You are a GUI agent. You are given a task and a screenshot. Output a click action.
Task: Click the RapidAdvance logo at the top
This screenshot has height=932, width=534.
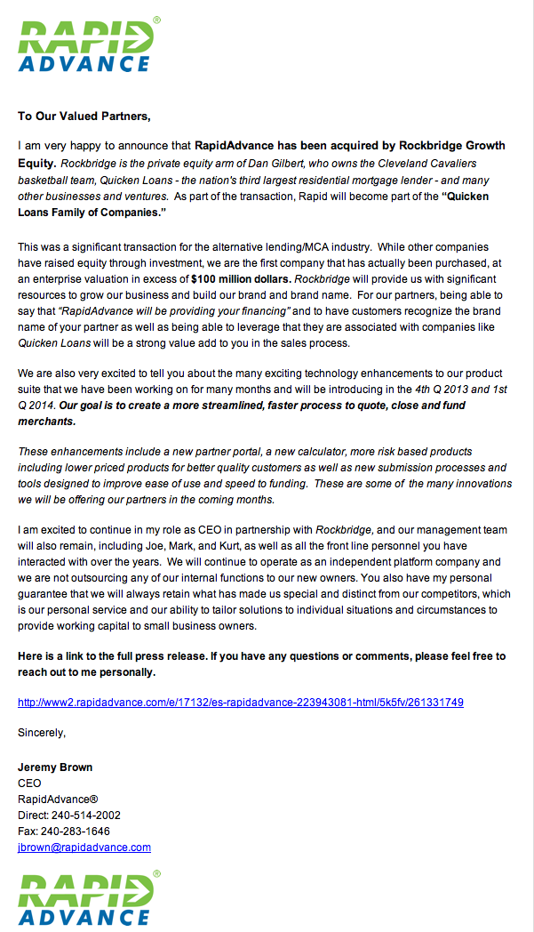86,44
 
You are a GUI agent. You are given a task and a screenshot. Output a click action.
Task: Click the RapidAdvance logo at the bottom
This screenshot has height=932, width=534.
86,899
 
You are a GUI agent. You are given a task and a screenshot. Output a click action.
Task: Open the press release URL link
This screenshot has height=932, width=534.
240,702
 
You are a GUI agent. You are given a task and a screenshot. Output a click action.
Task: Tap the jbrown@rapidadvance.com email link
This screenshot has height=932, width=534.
84,848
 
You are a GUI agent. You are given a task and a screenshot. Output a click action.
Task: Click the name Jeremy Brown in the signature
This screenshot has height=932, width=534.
55,767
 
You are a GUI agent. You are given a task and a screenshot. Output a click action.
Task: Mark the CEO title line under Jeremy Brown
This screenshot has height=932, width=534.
29,783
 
